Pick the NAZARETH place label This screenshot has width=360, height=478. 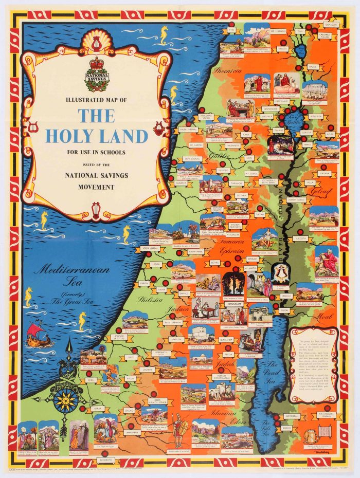[233, 145]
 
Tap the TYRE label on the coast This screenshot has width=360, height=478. [231, 30]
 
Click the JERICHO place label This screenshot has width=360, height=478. [287, 297]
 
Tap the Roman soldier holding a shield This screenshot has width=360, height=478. [179, 432]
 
